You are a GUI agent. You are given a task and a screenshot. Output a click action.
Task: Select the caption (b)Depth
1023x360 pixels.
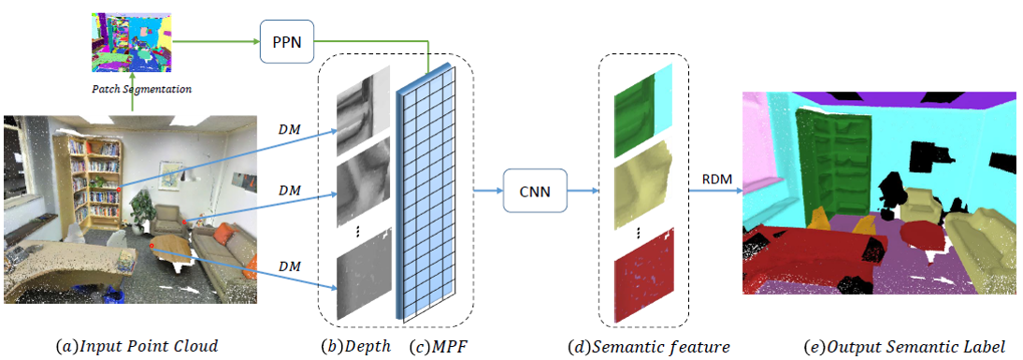click(354, 346)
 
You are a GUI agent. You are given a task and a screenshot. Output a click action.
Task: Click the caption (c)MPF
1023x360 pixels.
click(438, 346)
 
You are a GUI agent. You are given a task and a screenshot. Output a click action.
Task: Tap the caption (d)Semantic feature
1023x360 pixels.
click(649, 346)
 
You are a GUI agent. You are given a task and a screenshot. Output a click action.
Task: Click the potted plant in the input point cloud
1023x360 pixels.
click(141, 210)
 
